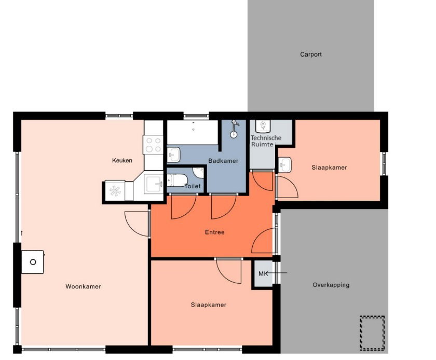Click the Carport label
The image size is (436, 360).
click(x=311, y=54)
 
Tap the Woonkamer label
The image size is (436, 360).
click(x=83, y=287)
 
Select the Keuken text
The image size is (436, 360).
click(x=122, y=160)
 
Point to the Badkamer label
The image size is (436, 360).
click(x=223, y=161)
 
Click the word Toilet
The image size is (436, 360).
click(x=193, y=186)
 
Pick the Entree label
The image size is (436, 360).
click(x=215, y=232)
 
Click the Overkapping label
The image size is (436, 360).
click(x=331, y=285)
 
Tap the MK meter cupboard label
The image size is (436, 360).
click(x=263, y=273)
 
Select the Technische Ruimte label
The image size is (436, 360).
click(x=266, y=141)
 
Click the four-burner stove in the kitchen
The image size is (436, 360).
click(x=153, y=145)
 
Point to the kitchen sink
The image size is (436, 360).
click(x=153, y=183)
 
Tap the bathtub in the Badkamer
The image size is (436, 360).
click(x=192, y=132)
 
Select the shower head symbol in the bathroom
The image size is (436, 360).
click(x=234, y=129)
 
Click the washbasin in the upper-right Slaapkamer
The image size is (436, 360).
click(x=284, y=165)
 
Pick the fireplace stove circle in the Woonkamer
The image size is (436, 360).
click(x=33, y=262)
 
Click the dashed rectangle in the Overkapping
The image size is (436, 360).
click(x=372, y=333)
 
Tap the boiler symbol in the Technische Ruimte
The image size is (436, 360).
click(x=263, y=126)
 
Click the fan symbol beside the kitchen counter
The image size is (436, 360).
click(x=115, y=191)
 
